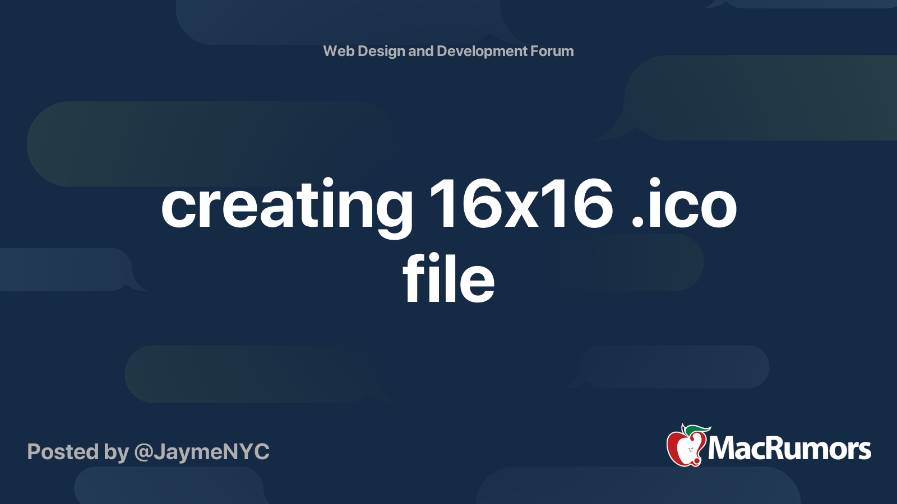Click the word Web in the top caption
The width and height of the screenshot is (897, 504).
(x=339, y=51)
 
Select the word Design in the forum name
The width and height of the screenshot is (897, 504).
(x=381, y=51)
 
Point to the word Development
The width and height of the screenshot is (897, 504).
(x=482, y=51)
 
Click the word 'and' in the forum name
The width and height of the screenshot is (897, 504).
(x=420, y=51)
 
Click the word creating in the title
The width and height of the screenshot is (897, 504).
(x=286, y=206)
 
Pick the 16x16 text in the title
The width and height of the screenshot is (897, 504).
(x=521, y=204)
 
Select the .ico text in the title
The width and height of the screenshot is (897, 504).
(x=683, y=204)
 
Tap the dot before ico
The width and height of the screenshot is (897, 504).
(x=637, y=223)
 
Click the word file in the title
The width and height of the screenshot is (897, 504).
(x=449, y=278)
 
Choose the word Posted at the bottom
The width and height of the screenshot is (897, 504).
(x=62, y=451)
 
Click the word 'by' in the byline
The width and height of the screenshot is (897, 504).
(x=116, y=452)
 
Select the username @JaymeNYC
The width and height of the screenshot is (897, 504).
(x=202, y=451)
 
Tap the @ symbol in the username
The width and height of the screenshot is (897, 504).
(x=144, y=452)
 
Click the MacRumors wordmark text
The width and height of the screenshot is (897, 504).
(x=789, y=449)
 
